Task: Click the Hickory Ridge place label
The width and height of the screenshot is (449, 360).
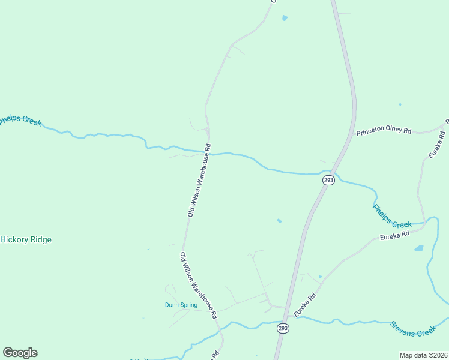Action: [x=26, y=239]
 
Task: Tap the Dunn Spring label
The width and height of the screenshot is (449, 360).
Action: [x=181, y=305]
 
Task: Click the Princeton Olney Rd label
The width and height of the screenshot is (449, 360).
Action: [x=383, y=131]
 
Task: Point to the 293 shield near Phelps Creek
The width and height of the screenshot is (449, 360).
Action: [x=328, y=181]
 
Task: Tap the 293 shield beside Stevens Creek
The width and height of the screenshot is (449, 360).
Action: [x=283, y=328]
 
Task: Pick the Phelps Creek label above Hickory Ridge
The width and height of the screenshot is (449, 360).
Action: [x=20, y=121]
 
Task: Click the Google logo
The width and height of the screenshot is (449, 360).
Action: [x=20, y=353]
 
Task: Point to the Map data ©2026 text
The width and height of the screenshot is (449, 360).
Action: [x=423, y=355]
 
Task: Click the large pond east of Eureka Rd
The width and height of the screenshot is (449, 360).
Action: [x=418, y=248]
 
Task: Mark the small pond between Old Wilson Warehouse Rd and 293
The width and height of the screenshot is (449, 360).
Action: [x=279, y=221]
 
